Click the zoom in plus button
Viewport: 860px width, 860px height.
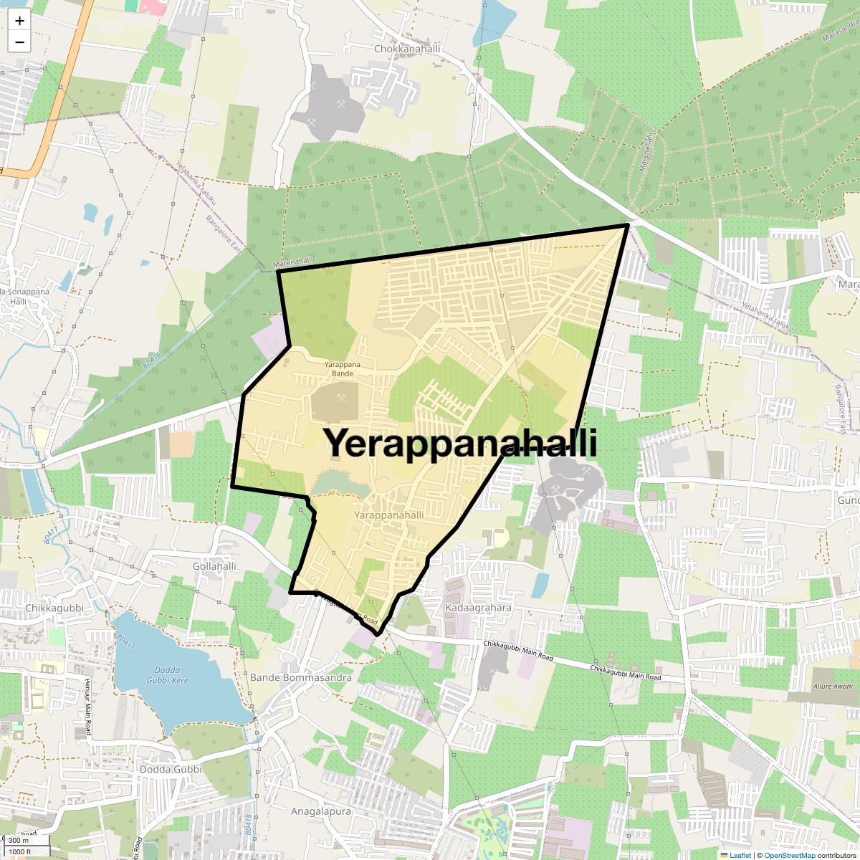point(19,21)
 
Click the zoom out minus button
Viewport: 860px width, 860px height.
point(19,42)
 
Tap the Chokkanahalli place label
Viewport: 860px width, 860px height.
point(407,49)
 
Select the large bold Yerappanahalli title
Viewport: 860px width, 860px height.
point(462,443)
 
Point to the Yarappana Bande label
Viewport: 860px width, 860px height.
point(343,369)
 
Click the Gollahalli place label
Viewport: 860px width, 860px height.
point(214,566)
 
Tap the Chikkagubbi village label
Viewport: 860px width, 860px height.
point(54,608)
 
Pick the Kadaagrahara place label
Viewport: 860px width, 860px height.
point(479,608)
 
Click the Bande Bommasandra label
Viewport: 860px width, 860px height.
point(301,677)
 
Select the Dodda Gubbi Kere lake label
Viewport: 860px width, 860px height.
point(167,676)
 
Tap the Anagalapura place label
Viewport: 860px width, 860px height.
point(321,811)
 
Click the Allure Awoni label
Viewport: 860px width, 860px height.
point(833,686)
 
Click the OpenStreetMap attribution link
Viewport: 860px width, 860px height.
point(789,855)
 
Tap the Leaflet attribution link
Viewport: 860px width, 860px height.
point(740,855)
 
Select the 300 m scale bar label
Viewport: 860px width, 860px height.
point(19,841)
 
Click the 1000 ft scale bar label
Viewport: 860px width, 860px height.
point(21,851)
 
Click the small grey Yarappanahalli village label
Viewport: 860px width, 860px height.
point(389,515)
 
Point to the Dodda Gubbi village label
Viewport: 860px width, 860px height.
point(171,770)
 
